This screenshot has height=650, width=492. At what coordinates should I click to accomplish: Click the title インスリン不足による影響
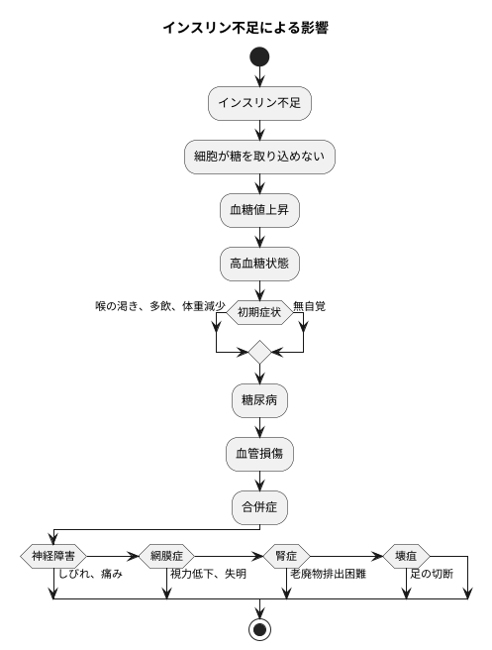[246, 28]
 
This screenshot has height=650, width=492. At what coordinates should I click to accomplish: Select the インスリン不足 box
[259, 103]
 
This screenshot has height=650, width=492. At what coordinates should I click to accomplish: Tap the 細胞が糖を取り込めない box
[259, 157]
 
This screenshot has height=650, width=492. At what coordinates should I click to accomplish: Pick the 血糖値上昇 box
[259, 210]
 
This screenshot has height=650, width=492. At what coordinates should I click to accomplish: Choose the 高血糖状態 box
[259, 264]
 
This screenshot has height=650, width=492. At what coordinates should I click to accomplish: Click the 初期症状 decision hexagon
[259, 312]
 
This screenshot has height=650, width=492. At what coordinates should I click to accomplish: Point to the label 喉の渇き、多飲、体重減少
[160, 306]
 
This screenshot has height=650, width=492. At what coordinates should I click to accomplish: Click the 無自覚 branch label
[310, 306]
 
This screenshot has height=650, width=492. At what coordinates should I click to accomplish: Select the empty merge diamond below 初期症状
[259, 352]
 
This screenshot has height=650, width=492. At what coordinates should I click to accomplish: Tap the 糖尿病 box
[259, 401]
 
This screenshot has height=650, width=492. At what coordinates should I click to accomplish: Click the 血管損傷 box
[259, 455]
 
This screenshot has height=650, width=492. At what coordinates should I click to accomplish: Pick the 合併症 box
[259, 508]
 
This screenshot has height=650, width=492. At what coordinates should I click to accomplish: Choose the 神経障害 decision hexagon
[52, 555]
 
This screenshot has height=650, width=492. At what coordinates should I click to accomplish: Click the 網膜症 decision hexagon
[167, 555]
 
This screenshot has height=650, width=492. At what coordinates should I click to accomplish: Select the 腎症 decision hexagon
[286, 555]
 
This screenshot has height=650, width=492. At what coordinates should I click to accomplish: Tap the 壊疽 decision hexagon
[405, 555]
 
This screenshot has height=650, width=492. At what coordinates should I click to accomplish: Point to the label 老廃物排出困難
[328, 574]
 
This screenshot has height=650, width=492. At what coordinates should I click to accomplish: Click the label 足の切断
[432, 574]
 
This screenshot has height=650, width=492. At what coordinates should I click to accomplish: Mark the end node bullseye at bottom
[259, 629]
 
